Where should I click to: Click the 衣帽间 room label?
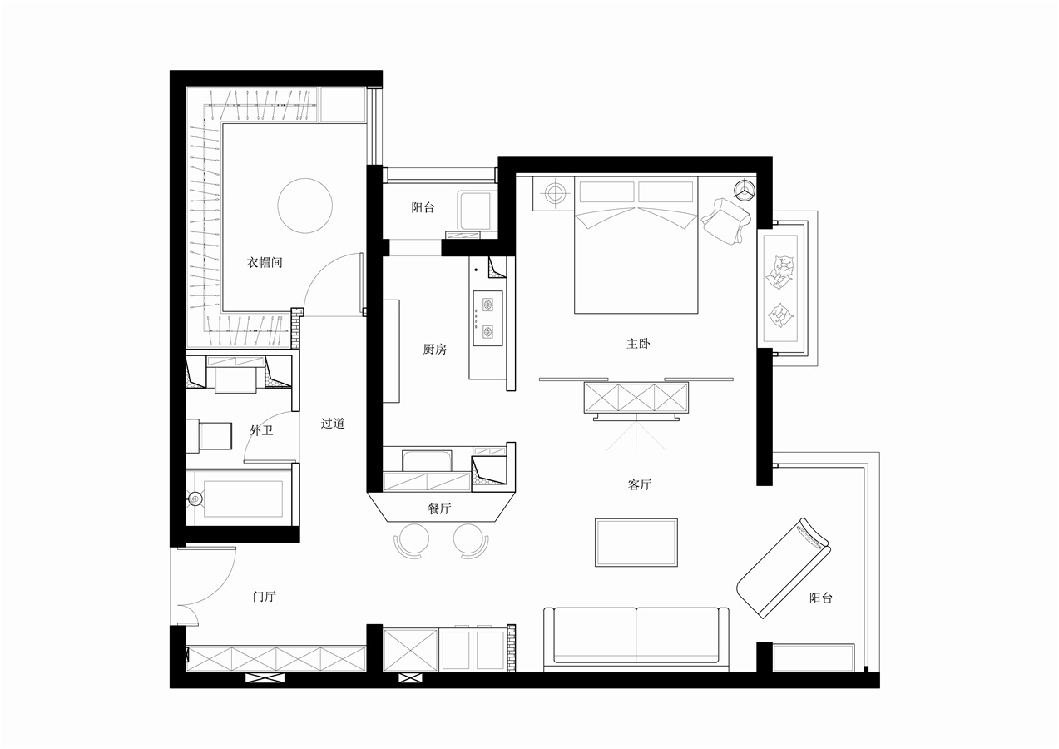pyautogui.click(x=265, y=262)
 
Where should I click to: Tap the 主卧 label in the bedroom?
pyautogui.click(x=638, y=343)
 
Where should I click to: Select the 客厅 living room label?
pyautogui.click(x=640, y=484)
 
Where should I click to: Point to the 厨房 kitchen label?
pyautogui.click(x=434, y=349)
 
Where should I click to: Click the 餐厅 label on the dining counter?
pyautogui.click(x=439, y=508)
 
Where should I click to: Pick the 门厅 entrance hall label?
pyautogui.click(x=265, y=596)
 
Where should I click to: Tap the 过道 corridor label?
pyautogui.click(x=333, y=423)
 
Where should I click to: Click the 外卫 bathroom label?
pyautogui.click(x=261, y=430)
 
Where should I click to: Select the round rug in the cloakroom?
pyautogui.click(x=305, y=206)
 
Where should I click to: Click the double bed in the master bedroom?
pyautogui.click(x=636, y=245)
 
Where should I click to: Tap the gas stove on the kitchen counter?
pyautogui.click(x=487, y=318)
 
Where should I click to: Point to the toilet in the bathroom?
pyautogui.click(x=209, y=435)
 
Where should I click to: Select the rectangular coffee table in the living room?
pyautogui.click(x=636, y=543)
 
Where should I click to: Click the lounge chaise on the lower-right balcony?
pyautogui.click(x=784, y=568)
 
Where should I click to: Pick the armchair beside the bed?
pyautogui.click(x=725, y=221)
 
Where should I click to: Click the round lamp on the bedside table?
pyautogui.click(x=556, y=192)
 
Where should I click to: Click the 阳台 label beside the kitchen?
pyautogui.click(x=423, y=207)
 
